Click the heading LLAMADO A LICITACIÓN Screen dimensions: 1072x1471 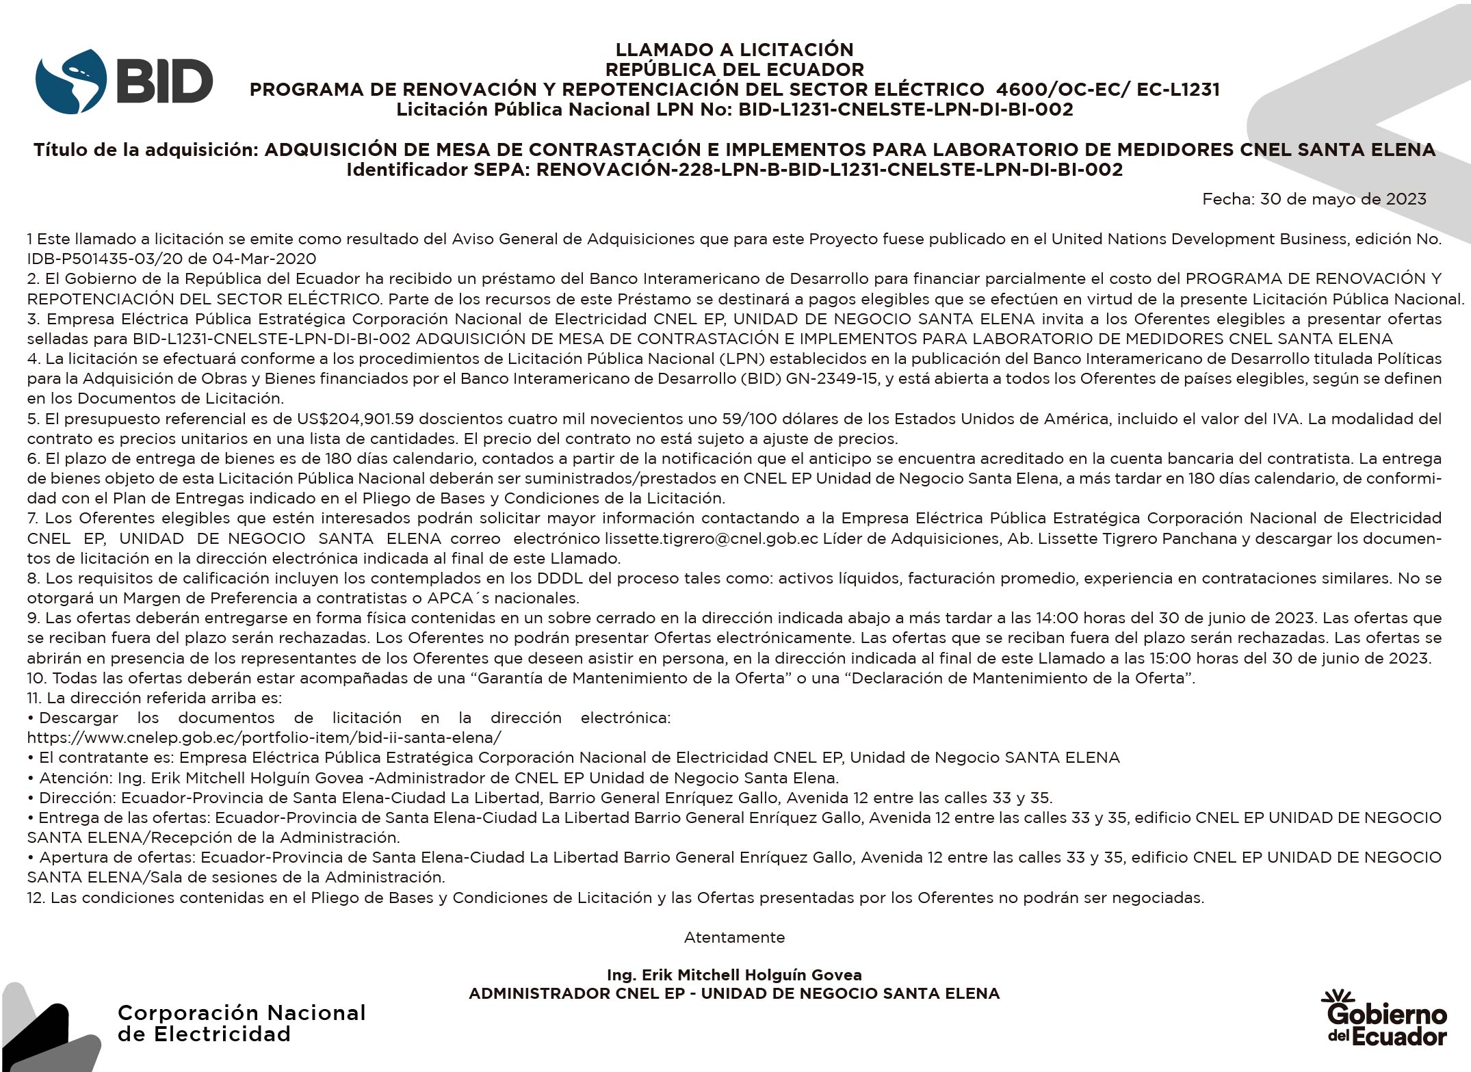pos(734,49)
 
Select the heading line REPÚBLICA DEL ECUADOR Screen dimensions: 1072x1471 pos(734,69)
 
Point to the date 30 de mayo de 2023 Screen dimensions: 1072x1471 pos(1343,199)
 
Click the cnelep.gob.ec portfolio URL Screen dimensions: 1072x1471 pos(264,737)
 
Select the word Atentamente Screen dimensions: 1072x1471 pos(734,937)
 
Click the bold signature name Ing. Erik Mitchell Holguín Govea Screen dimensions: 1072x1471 pos(734,975)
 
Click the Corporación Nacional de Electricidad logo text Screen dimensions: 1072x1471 pos(242,1023)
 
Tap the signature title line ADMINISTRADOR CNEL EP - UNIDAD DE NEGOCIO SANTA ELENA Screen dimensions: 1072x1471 pos(734,993)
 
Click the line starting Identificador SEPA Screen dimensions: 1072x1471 pos(734,170)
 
